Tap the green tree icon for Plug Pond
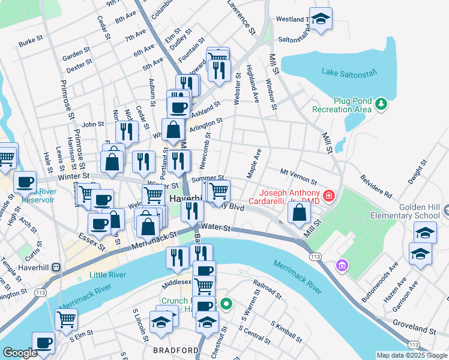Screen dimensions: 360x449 point(380,106)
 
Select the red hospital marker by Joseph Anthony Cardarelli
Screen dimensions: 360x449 point(328,196)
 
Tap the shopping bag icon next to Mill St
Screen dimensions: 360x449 point(299,211)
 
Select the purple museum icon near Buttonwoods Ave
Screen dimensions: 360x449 point(342,265)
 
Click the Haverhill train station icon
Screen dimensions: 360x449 point(56,267)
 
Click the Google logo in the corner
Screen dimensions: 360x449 point(19,353)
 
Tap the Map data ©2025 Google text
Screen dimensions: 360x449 point(411,355)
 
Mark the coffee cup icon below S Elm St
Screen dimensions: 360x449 point(43,343)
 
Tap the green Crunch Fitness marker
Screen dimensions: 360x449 point(226,304)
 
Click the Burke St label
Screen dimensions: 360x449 point(31,43)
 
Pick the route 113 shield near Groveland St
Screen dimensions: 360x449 point(414,345)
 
